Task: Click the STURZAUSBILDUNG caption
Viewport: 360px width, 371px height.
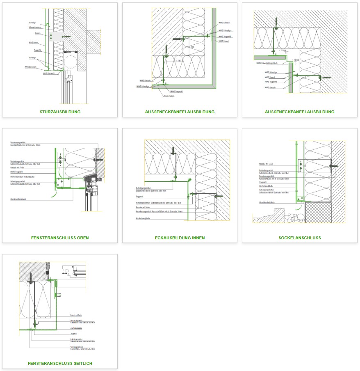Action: [x=60, y=112]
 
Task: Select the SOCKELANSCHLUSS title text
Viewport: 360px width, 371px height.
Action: [x=300, y=238]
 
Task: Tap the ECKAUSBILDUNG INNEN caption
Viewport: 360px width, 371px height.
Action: [x=180, y=238]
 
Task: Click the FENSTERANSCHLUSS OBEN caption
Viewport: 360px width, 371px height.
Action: [x=60, y=238]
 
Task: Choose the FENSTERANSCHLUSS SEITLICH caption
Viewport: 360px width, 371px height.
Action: [x=60, y=364]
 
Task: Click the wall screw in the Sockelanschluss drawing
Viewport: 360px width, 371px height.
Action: [x=333, y=166]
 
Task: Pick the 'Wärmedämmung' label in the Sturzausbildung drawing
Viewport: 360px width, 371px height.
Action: [x=34, y=27]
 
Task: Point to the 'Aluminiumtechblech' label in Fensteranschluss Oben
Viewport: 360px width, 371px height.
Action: [x=20, y=199]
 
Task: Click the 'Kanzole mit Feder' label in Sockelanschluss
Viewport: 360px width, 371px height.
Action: [x=266, y=164]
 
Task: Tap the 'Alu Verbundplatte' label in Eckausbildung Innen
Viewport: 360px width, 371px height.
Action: [x=144, y=218]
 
